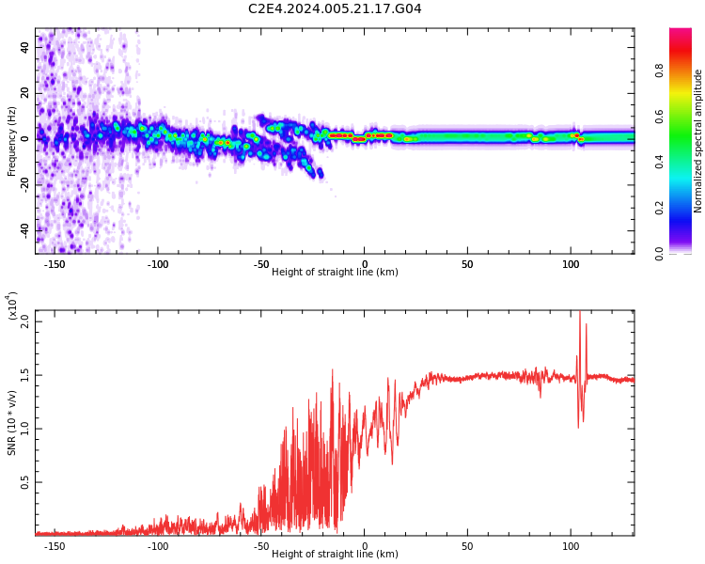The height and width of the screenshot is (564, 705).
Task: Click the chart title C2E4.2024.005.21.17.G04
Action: [x=335, y=8]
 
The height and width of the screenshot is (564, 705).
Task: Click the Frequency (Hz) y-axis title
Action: [x=11, y=141]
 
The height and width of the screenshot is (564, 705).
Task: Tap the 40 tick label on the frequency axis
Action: [x=24, y=47]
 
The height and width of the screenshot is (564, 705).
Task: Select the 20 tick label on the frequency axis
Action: [x=24, y=93]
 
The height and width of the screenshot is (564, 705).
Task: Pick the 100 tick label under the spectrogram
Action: [x=571, y=264]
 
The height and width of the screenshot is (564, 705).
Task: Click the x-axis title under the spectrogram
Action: [x=335, y=272]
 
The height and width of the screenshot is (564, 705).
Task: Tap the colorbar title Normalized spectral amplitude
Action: [x=697, y=141]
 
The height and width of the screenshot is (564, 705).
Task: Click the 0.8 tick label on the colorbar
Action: [x=659, y=70]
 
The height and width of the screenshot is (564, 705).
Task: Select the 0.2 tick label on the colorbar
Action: [x=659, y=208]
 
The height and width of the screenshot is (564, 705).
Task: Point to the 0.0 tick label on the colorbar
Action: [x=659, y=254]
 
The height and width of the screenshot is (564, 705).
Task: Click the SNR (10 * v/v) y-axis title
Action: [x=11, y=423]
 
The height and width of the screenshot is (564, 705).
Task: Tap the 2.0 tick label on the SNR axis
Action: [x=24, y=321]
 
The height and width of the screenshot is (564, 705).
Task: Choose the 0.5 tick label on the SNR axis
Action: [x=24, y=482]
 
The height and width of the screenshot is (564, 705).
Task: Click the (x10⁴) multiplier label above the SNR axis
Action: [x=12, y=306]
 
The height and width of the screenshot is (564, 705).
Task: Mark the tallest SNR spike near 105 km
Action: [x=580, y=312]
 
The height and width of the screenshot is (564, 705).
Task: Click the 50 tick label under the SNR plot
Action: [x=467, y=546]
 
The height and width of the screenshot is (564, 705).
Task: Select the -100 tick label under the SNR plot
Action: [x=158, y=546]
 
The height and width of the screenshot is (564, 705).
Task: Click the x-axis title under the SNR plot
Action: [x=335, y=554]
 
